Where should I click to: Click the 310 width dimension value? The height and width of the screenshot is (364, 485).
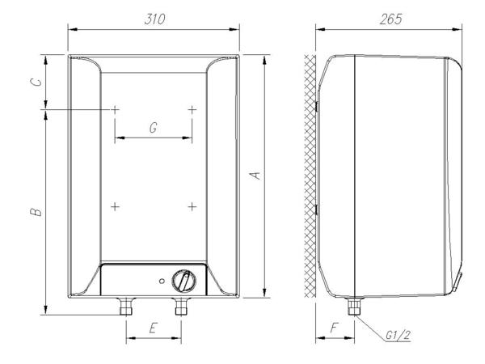(x=154, y=19)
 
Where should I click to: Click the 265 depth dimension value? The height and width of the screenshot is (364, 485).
(x=390, y=19)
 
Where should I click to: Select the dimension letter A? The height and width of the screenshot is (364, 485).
(x=255, y=176)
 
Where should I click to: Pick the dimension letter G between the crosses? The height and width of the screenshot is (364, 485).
(x=153, y=128)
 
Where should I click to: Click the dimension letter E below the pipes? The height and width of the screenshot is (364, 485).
(x=153, y=328)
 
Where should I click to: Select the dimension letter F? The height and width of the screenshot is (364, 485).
(x=335, y=328)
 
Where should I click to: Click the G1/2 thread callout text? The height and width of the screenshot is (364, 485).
(x=399, y=335)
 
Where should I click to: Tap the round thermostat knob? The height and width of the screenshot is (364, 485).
(x=183, y=281)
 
